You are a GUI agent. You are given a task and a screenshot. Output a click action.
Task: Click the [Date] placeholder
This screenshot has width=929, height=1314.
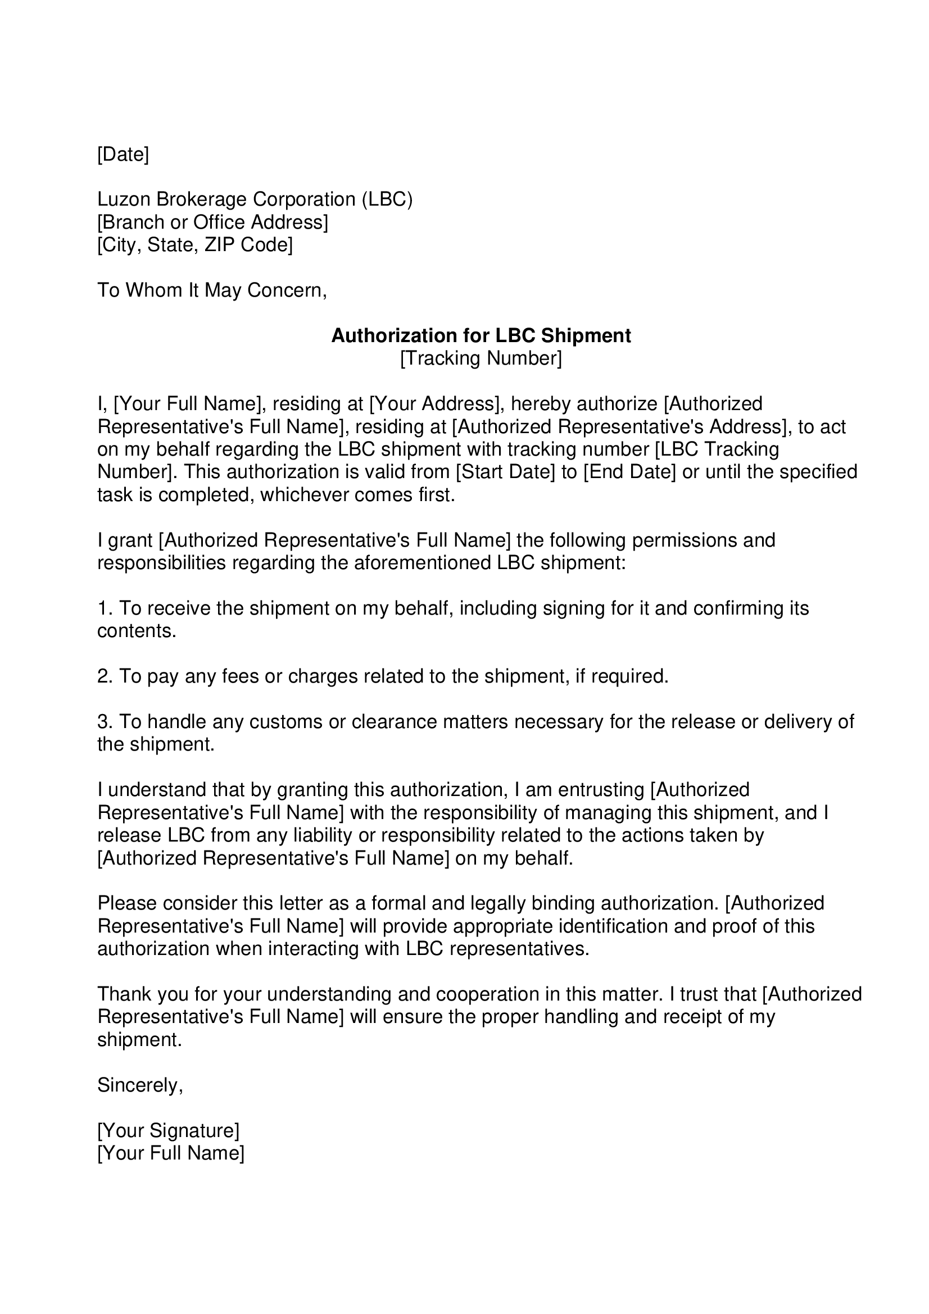[x=123, y=154]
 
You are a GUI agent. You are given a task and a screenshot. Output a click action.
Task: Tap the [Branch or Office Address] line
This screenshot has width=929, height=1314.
[x=212, y=222]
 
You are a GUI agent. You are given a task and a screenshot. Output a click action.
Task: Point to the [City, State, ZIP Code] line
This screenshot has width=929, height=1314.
[x=194, y=245]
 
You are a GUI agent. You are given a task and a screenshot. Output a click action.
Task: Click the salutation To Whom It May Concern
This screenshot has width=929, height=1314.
[x=212, y=291]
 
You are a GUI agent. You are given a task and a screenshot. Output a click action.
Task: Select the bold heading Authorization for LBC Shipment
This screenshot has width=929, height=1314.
[x=481, y=335]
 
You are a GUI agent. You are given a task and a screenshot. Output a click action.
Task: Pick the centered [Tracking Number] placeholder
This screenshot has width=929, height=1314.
[x=481, y=358]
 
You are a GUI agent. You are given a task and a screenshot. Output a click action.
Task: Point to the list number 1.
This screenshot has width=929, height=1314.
[x=103, y=608]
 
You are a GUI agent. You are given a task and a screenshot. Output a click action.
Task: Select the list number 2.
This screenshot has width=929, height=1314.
[x=103, y=676]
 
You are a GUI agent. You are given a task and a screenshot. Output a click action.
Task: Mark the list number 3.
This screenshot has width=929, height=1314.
[x=103, y=722]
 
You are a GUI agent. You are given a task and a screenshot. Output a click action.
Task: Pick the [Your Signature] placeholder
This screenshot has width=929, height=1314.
[x=168, y=1131]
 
